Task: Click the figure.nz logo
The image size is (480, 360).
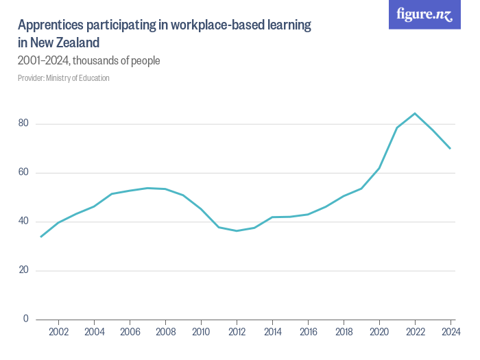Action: click(x=424, y=14)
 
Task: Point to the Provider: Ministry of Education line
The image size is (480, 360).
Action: click(x=63, y=78)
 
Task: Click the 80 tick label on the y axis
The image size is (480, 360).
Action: click(x=24, y=124)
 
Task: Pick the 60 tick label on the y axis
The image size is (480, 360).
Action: click(x=24, y=173)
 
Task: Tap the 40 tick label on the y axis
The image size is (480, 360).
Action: click(x=24, y=221)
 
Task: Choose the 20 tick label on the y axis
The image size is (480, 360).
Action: click(x=24, y=270)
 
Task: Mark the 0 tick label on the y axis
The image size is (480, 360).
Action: click(x=26, y=319)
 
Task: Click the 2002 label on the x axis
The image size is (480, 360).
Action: click(x=59, y=333)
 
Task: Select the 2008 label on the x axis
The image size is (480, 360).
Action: click(x=165, y=333)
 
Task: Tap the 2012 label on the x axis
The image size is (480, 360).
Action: click(x=237, y=333)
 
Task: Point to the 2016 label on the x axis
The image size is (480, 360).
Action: click(x=308, y=333)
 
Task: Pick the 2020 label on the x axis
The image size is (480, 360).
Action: click(x=379, y=333)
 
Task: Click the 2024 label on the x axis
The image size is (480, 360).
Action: click(x=450, y=333)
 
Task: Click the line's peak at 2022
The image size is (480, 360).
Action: click(x=415, y=113)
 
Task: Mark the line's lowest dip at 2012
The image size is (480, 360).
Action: click(x=237, y=230)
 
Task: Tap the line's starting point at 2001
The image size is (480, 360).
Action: click(x=41, y=237)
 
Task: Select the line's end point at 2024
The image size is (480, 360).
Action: click(x=451, y=148)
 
